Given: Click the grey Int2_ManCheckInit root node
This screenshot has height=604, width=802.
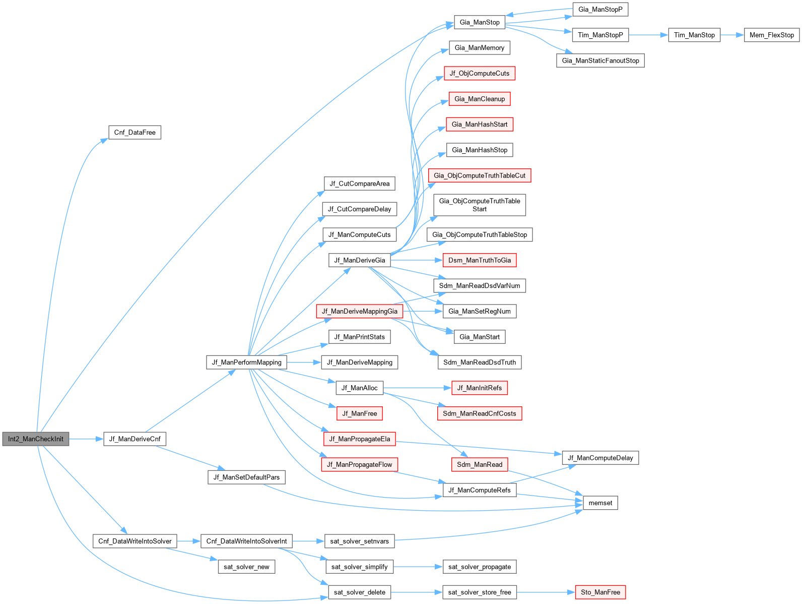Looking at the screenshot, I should click(36, 439).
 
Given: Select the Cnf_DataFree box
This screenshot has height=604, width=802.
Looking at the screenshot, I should click(135, 132).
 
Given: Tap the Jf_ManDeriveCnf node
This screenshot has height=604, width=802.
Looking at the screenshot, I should click(135, 439).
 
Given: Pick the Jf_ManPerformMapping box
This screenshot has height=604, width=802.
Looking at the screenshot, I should click(246, 362).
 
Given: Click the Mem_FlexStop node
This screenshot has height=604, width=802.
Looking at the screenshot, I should click(771, 35).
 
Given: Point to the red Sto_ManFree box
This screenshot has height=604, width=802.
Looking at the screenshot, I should click(600, 592).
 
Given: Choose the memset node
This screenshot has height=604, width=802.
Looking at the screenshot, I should click(600, 503).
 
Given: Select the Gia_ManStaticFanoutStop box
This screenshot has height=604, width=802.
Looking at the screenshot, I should click(600, 61).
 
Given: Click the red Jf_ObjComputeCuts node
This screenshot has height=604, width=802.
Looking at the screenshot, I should click(479, 73).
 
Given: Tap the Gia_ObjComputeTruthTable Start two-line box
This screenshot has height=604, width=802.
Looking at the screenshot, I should click(479, 205).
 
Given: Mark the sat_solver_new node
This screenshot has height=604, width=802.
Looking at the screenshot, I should click(246, 567).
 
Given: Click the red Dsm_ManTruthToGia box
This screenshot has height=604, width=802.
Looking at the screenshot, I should click(479, 260).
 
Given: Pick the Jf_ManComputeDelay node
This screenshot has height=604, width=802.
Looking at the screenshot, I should click(600, 458).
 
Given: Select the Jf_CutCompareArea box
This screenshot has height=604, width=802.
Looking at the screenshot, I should click(359, 184).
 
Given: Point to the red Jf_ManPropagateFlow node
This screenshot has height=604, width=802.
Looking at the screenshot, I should click(359, 464).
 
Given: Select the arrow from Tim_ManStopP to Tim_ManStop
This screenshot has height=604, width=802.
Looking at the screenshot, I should click(648, 35).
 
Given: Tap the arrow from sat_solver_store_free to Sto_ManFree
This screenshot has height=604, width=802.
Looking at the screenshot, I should click(546, 592).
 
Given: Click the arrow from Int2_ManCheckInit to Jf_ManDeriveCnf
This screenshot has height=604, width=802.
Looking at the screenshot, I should click(86, 439).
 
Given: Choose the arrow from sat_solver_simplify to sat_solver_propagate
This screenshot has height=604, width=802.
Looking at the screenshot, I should click(418, 567).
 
